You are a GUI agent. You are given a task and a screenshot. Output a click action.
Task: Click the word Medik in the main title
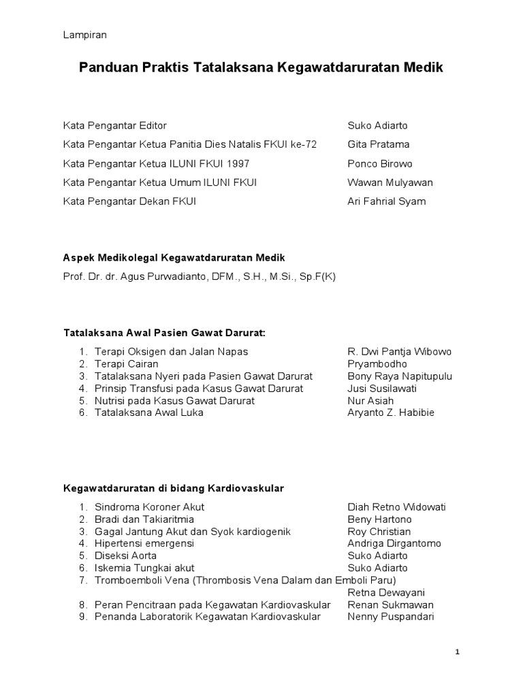pyautogui.click(x=423, y=68)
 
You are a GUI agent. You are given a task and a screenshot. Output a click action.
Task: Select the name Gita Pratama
pyautogui.click(x=379, y=145)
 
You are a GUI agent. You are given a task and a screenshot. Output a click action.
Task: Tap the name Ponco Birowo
pyautogui.click(x=380, y=164)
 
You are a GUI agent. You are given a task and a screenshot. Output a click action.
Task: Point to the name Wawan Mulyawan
pyautogui.click(x=390, y=183)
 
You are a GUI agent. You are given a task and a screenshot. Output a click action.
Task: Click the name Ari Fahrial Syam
pyautogui.click(x=387, y=202)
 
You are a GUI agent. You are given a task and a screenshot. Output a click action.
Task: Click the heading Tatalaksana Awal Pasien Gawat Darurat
pyautogui.click(x=163, y=334)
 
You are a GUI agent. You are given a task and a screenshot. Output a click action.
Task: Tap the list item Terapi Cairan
pyautogui.click(x=127, y=364)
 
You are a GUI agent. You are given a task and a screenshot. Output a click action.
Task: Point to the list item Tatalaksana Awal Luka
pyautogui.click(x=148, y=413)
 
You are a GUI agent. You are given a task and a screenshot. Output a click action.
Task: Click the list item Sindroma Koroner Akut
pyautogui.click(x=150, y=507)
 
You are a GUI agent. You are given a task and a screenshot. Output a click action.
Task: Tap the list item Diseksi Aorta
pyautogui.click(x=126, y=556)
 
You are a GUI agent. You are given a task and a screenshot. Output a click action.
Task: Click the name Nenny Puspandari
pyautogui.click(x=390, y=617)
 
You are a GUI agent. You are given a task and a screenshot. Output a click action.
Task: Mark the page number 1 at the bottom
pyautogui.click(x=458, y=653)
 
